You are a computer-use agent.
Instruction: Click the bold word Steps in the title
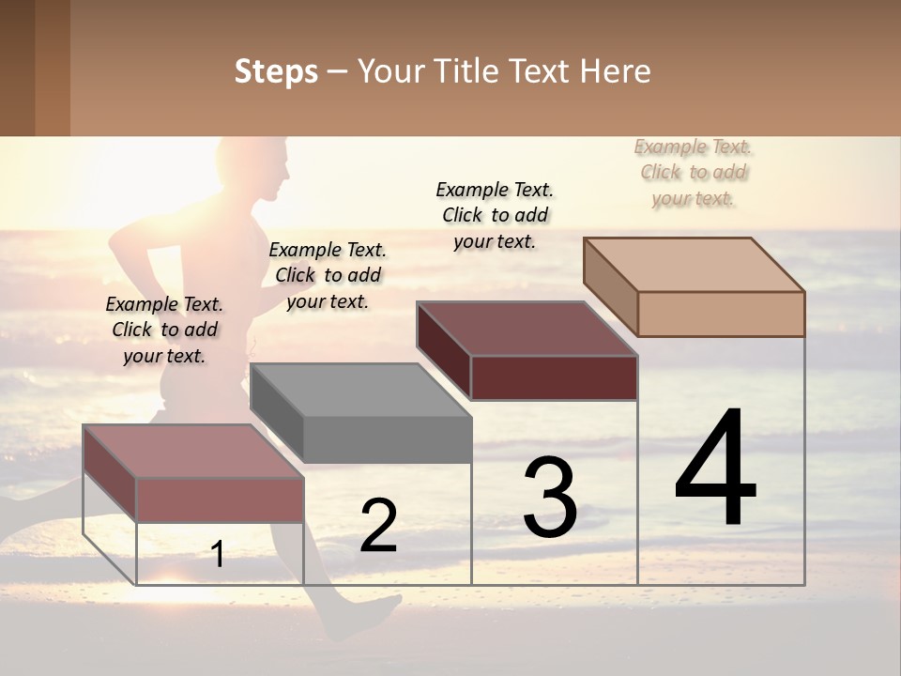275,71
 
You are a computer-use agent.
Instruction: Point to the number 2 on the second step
378,525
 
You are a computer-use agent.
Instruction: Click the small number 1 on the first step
218,554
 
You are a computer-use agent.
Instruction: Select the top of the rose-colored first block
193,451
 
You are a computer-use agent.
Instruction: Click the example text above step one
164,330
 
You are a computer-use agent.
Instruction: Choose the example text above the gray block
328,275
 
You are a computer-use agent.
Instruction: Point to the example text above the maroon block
495,215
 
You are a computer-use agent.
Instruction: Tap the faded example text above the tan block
694,172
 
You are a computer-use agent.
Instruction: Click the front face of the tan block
721,314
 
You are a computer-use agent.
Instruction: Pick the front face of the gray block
388,439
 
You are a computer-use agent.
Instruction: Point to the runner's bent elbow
117,246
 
